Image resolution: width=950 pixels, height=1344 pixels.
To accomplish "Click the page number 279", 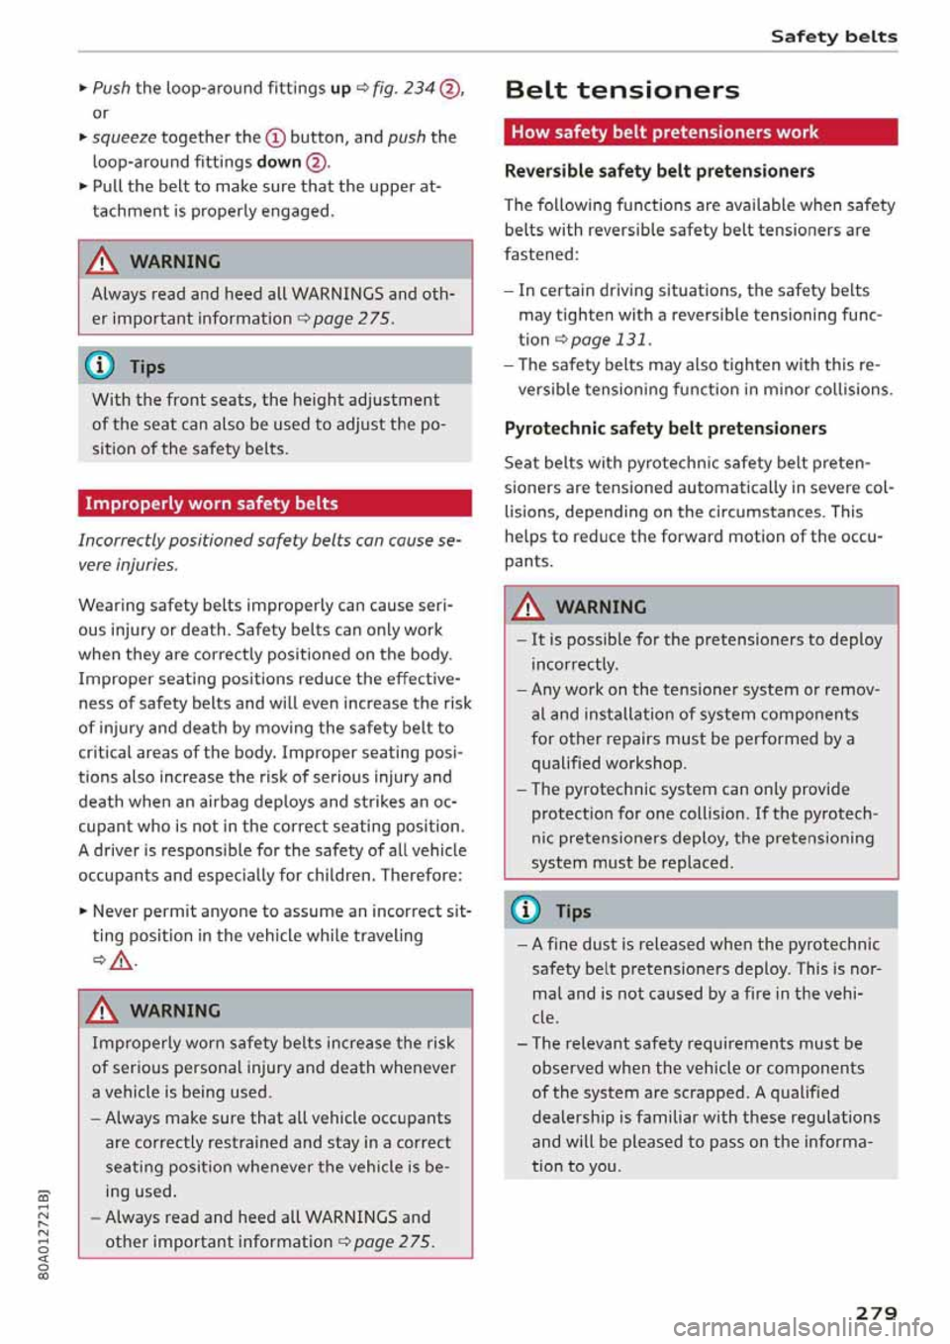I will point(876,1312).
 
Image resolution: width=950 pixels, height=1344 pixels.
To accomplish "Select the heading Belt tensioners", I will point(621,90).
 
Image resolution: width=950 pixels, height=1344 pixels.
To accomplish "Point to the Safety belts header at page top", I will point(833,37).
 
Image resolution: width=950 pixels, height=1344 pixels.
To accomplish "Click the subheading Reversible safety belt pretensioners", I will point(659,171).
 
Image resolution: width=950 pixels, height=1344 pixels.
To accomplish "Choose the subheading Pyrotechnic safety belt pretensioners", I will point(665,429).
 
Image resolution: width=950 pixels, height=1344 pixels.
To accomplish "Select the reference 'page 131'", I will point(610,339).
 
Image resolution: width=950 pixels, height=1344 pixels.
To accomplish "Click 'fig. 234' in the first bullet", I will point(404,88).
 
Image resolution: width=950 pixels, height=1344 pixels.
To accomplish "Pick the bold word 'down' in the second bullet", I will point(278,161).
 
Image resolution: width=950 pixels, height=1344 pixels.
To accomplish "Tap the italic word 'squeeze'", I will point(124,137).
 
